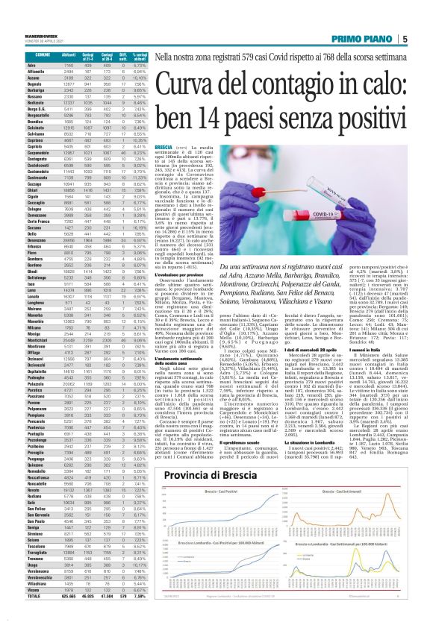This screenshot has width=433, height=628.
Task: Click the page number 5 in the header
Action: tap(423, 39)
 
